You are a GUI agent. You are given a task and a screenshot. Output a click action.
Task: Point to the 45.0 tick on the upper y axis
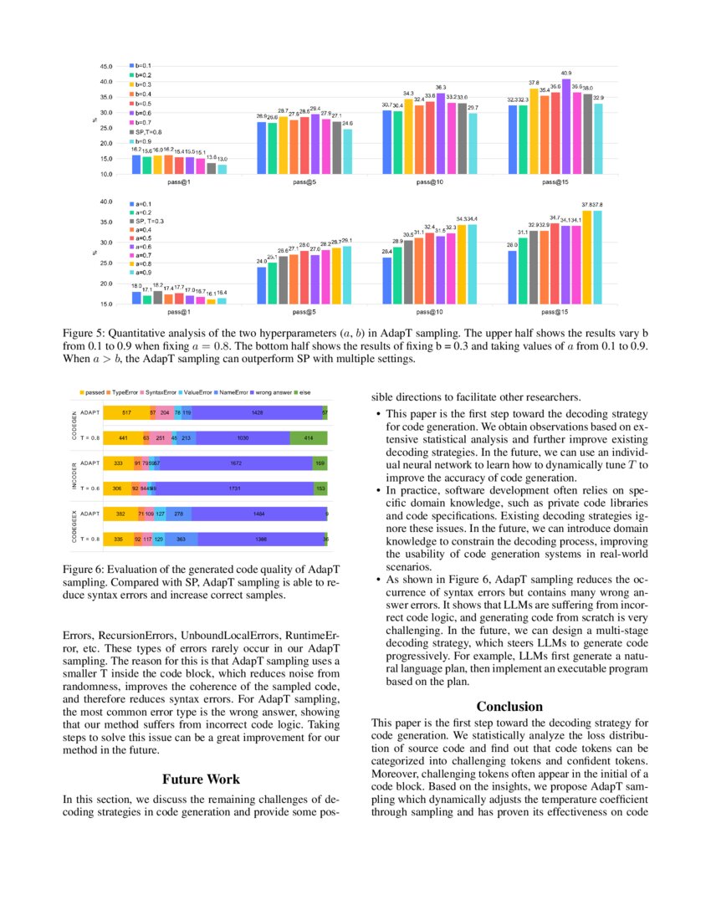106,66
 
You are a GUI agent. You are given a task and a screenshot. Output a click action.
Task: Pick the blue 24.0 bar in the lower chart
262,284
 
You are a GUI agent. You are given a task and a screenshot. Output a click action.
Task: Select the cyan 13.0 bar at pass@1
222,169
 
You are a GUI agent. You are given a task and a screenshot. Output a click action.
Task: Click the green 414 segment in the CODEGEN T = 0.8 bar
309,437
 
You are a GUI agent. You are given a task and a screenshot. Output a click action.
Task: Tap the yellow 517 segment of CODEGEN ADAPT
125,412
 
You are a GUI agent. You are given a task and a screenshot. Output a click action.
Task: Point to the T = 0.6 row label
90,488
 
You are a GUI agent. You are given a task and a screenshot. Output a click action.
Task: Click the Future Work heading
201,779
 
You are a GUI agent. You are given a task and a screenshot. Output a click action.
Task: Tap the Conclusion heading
509,707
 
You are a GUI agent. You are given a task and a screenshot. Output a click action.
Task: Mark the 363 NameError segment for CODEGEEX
181,539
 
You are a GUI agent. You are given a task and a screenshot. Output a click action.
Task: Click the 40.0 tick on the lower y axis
106,202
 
